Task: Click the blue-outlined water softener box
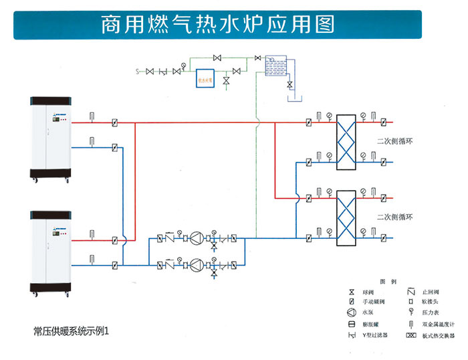[x=205, y=78]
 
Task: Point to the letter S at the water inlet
[x=137, y=70]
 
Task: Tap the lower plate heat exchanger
[x=346, y=217]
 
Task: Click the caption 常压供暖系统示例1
[x=70, y=331]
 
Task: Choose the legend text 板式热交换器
[x=439, y=335]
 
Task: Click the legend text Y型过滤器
[x=374, y=335]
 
